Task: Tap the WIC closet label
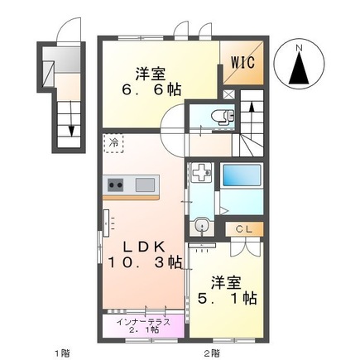pos(242,60)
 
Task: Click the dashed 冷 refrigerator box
pos(112,142)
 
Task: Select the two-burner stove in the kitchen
pos(115,184)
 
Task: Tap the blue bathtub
pos(241,178)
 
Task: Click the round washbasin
pos(201,226)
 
